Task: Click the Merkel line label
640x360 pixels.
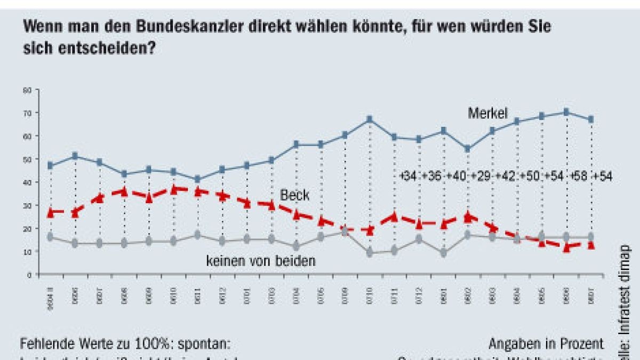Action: coord(487,113)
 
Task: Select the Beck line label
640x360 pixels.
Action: coord(294,196)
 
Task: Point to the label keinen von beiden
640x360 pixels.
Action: coord(261,261)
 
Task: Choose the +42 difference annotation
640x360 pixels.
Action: coord(505,176)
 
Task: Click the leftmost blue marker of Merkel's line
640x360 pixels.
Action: coord(50,166)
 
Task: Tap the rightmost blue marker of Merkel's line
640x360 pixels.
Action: coord(590,119)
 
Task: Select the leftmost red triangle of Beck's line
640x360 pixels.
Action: coord(50,212)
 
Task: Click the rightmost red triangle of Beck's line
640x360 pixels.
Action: coord(590,245)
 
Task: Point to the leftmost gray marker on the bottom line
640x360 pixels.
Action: coord(50,237)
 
